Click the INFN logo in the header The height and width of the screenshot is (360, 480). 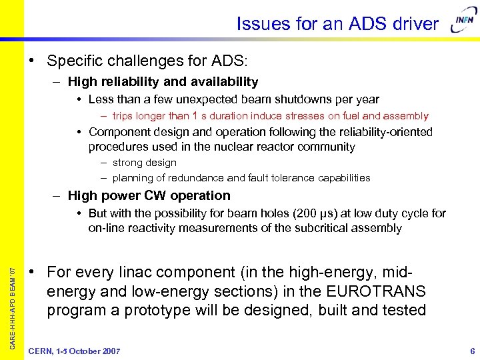pyautogui.click(x=463, y=25)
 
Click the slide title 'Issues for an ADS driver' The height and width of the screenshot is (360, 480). pyautogui.click(x=337, y=25)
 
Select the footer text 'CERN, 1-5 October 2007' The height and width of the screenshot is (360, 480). pyautogui.click(x=74, y=351)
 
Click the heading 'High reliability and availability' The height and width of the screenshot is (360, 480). pyautogui.click(x=163, y=82)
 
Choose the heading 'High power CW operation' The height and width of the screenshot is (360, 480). pyautogui.click(x=149, y=195)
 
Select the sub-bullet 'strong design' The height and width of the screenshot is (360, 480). pyautogui.click(x=144, y=163)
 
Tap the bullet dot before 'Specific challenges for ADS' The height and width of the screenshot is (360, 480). pyautogui.click(x=31, y=61)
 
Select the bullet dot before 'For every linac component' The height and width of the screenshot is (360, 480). pyautogui.click(x=31, y=273)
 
